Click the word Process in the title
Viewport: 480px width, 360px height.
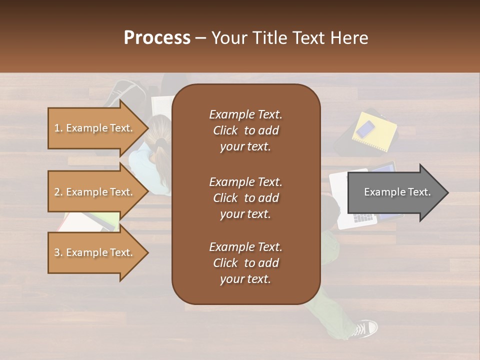157,38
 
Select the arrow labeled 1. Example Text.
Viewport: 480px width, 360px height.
95,128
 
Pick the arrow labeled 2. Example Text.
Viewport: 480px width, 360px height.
95,192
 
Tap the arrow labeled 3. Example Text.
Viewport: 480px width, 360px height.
95,252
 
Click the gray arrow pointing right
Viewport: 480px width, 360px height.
395,192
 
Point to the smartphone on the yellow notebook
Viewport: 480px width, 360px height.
366,129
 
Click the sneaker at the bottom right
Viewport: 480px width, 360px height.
365,328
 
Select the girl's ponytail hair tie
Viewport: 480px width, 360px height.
160,142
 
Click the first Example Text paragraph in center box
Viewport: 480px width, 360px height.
245,130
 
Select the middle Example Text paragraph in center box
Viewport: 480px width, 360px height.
245,198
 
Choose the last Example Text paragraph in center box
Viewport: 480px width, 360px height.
245,263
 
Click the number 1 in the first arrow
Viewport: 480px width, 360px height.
56,128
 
